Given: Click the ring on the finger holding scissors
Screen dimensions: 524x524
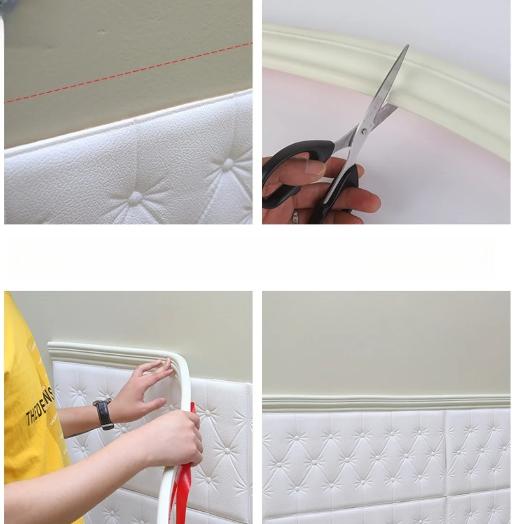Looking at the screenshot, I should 295,217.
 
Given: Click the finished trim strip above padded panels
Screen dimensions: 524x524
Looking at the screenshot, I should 386,402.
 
